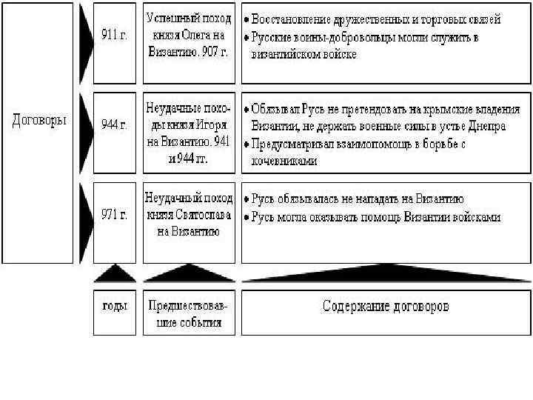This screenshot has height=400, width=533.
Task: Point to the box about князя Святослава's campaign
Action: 189,216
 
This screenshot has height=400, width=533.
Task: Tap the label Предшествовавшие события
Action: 189,313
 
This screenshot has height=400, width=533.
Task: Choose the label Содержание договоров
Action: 386,307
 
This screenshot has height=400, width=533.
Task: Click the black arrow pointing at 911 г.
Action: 86,43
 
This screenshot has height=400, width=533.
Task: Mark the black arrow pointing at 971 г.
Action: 86,222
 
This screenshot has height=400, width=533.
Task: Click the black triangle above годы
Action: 114,274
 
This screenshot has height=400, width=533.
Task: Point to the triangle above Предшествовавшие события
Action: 189,274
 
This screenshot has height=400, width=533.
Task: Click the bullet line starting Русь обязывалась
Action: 358,199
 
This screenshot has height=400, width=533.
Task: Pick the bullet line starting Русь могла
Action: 376,217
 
